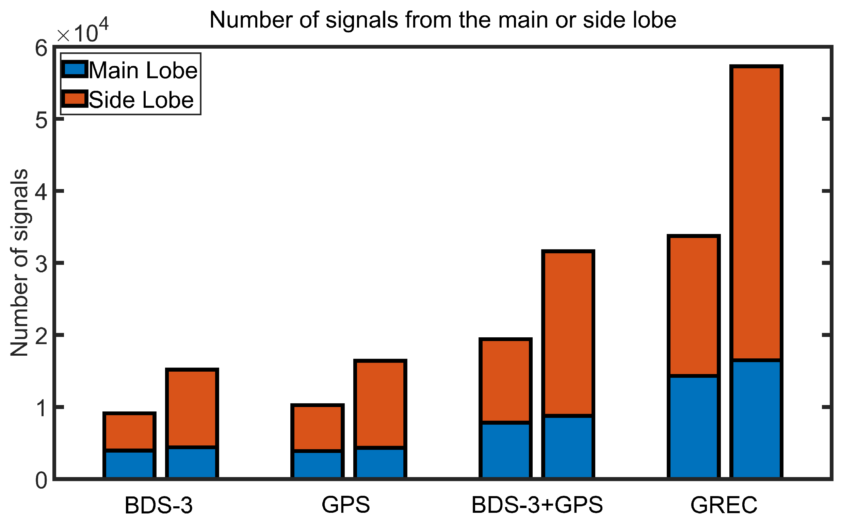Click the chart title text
[443, 20]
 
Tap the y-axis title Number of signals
[19, 263]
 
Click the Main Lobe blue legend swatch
[74, 69]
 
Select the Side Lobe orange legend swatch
[74, 99]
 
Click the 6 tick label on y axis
[41, 48]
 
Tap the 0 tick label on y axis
[41, 481]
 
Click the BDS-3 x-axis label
[159, 505]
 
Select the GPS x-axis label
[346, 505]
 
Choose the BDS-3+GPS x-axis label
[537, 505]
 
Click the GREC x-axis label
[724, 505]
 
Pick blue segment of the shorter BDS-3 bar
[129, 464]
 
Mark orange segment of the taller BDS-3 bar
[192, 409]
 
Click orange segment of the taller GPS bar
[380, 404]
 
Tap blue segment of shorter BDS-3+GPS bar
[506, 451]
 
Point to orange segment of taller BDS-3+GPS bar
[568, 333]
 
